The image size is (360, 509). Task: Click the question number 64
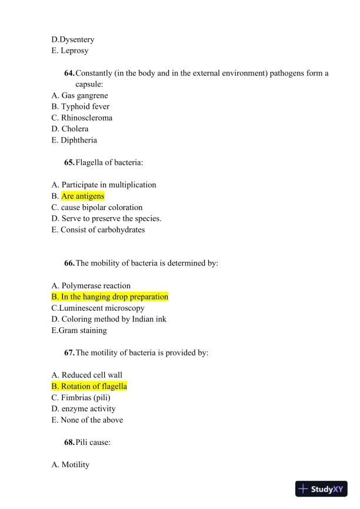[x=69, y=73]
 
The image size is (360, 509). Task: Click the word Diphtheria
[x=79, y=140]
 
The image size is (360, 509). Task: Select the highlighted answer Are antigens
[x=82, y=196]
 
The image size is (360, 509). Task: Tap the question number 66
[x=69, y=263]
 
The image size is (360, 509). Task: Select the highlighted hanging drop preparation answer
[x=110, y=297]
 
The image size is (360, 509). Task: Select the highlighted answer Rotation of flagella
[x=89, y=386]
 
